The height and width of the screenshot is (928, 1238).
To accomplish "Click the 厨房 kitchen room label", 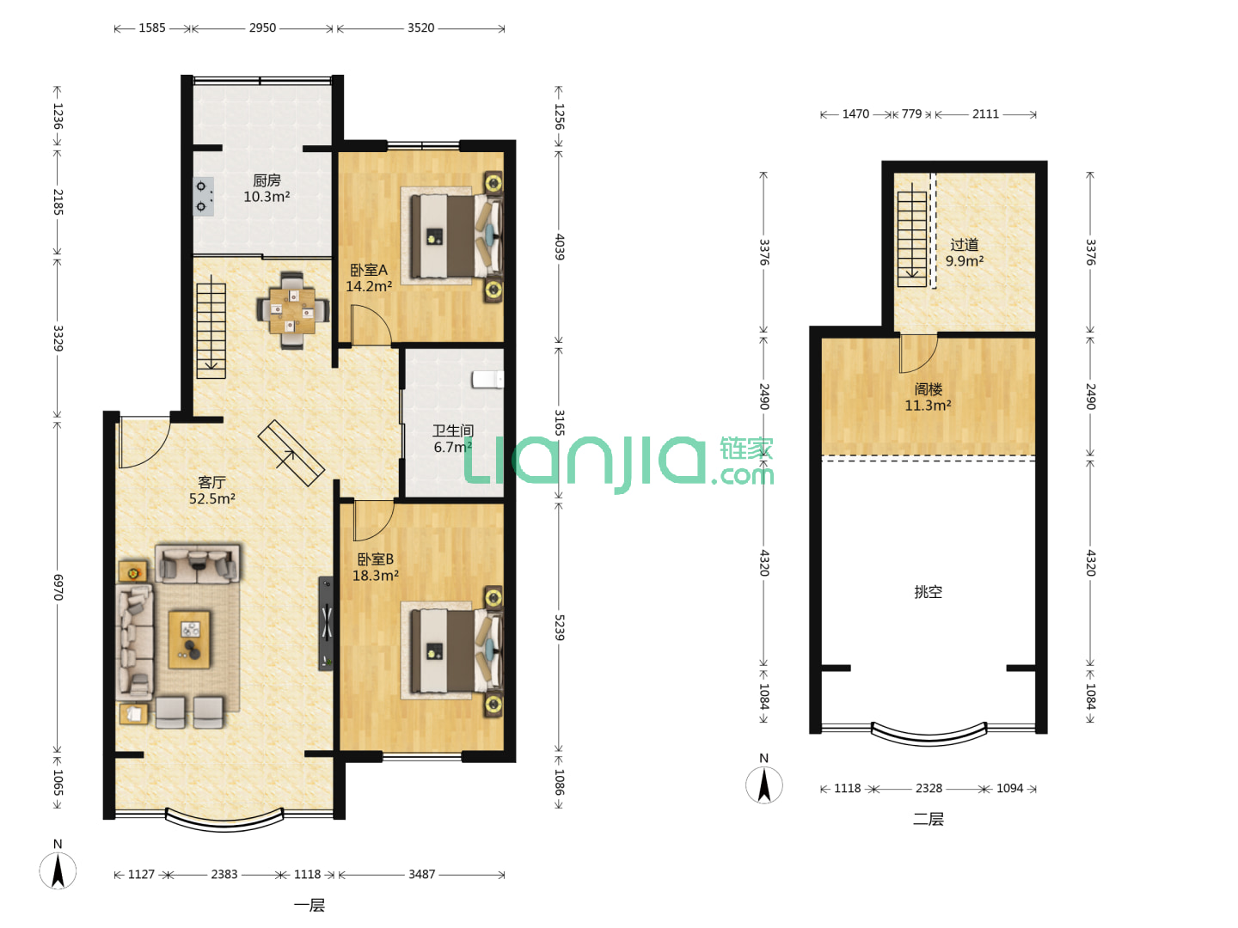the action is click(267, 180).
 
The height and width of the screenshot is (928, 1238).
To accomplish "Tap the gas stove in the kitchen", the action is click(203, 197).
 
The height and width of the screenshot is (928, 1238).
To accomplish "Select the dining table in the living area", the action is click(292, 310).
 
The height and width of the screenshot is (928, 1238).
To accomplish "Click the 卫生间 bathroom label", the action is click(453, 431).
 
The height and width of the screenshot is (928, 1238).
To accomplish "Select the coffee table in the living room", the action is click(189, 639).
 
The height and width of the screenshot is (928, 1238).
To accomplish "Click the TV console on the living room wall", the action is click(326, 623).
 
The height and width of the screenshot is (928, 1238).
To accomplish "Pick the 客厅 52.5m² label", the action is click(212, 490).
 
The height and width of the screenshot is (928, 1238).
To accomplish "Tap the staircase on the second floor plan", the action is click(912, 235).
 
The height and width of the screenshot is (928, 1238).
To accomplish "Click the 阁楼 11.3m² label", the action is click(928, 397).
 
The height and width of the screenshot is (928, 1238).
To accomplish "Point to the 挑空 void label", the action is click(928, 592).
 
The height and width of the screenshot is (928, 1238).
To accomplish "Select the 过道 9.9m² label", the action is click(965, 253).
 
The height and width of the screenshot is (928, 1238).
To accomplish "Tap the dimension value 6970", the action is click(58, 587).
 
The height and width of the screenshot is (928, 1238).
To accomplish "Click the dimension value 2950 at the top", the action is click(263, 27).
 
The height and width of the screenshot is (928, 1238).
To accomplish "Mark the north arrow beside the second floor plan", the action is click(763, 785).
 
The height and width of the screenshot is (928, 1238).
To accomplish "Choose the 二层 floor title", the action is click(929, 819).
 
